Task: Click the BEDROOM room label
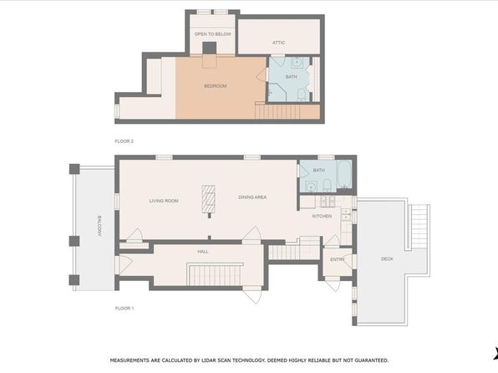tap(216, 86)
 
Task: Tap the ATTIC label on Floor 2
tap(278, 43)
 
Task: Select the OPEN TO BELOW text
tap(212, 34)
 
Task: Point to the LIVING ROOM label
tap(164, 201)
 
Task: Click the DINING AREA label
tap(252, 197)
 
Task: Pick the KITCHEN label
tap(322, 217)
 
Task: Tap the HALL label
tap(203, 252)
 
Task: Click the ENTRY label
tap(337, 259)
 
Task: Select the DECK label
tap(387, 259)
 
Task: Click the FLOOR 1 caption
tap(124, 308)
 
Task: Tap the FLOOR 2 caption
tap(124, 141)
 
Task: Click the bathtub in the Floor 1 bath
tap(344, 175)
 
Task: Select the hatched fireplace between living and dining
tap(208, 199)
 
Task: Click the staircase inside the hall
tap(215, 275)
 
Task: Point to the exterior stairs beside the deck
tap(419, 227)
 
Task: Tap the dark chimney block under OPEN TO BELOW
tap(210, 48)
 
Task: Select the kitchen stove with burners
tap(328, 202)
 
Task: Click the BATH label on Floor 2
tap(292, 77)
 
